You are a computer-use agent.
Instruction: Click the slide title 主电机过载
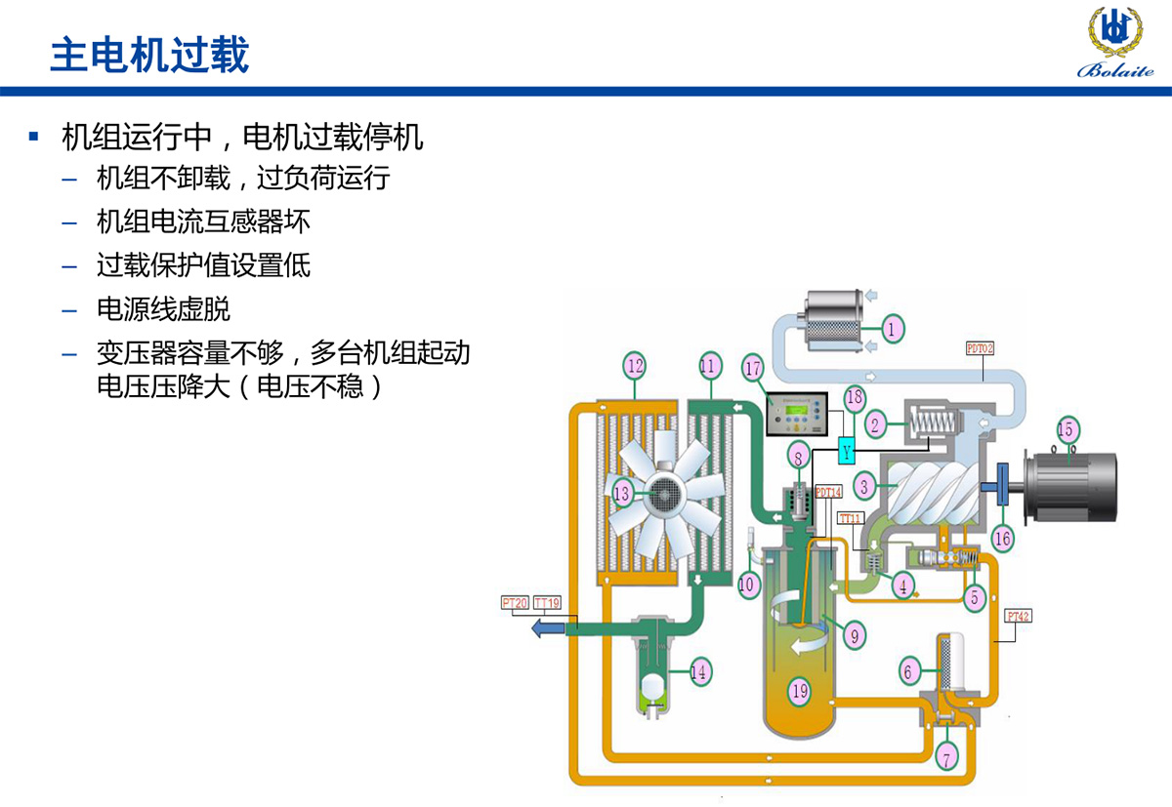(x=149, y=55)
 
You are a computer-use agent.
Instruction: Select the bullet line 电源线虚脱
(x=163, y=310)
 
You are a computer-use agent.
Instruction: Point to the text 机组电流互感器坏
(x=203, y=222)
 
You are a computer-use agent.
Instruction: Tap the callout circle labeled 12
(x=636, y=367)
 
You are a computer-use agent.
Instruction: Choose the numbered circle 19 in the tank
(x=800, y=692)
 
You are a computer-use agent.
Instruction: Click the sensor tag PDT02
(x=980, y=347)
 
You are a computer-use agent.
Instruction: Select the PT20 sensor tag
(x=515, y=603)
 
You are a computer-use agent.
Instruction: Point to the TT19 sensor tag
(x=548, y=603)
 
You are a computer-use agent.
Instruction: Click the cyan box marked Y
(x=848, y=452)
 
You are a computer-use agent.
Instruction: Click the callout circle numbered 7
(x=945, y=755)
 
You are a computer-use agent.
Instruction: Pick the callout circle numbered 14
(x=698, y=671)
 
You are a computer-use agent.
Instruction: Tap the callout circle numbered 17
(x=752, y=369)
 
